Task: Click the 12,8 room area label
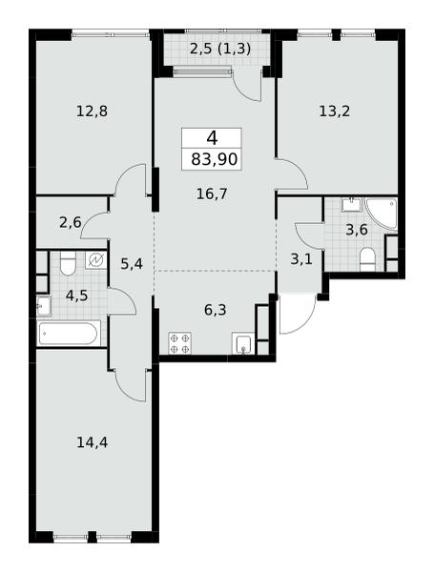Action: (x=92, y=112)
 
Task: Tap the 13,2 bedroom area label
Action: (x=335, y=112)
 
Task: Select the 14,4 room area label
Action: (x=92, y=442)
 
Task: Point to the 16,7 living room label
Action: (x=212, y=194)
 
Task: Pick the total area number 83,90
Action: (x=215, y=159)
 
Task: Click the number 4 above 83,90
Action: (x=212, y=138)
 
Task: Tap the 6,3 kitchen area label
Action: (x=216, y=310)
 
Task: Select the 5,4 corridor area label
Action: (x=132, y=263)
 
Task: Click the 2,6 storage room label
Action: (x=71, y=222)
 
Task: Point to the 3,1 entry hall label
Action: (x=301, y=259)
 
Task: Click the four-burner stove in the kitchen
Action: (x=179, y=343)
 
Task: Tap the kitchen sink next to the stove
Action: (x=242, y=344)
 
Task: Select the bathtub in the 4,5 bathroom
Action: (x=69, y=333)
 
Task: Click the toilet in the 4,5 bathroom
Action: (x=68, y=263)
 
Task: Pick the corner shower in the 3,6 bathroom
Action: (x=382, y=214)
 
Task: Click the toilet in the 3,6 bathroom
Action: (x=368, y=259)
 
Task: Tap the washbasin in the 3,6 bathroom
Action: (x=351, y=204)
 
